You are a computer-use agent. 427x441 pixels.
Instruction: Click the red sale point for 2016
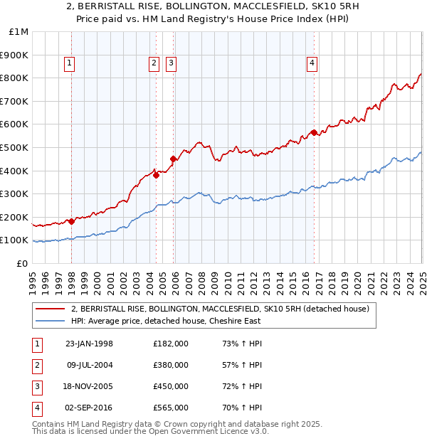(x=314, y=132)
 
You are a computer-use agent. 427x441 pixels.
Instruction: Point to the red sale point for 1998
(x=71, y=221)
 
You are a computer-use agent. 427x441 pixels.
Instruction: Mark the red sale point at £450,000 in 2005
(x=173, y=159)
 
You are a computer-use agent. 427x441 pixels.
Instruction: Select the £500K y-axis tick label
(x=14, y=147)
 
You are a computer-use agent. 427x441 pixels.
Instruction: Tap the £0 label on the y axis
(x=22, y=263)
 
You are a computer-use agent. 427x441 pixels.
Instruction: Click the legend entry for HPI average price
(x=165, y=321)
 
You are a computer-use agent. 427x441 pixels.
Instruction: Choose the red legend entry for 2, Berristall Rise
(x=220, y=309)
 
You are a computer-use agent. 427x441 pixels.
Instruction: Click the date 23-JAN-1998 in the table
(x=89, y=344)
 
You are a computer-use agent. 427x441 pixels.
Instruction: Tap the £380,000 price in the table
(x=171, y=366)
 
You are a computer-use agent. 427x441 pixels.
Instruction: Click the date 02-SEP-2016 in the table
(x=89, y=408)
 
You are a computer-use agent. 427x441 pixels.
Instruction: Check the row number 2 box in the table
(x=36, y=366)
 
